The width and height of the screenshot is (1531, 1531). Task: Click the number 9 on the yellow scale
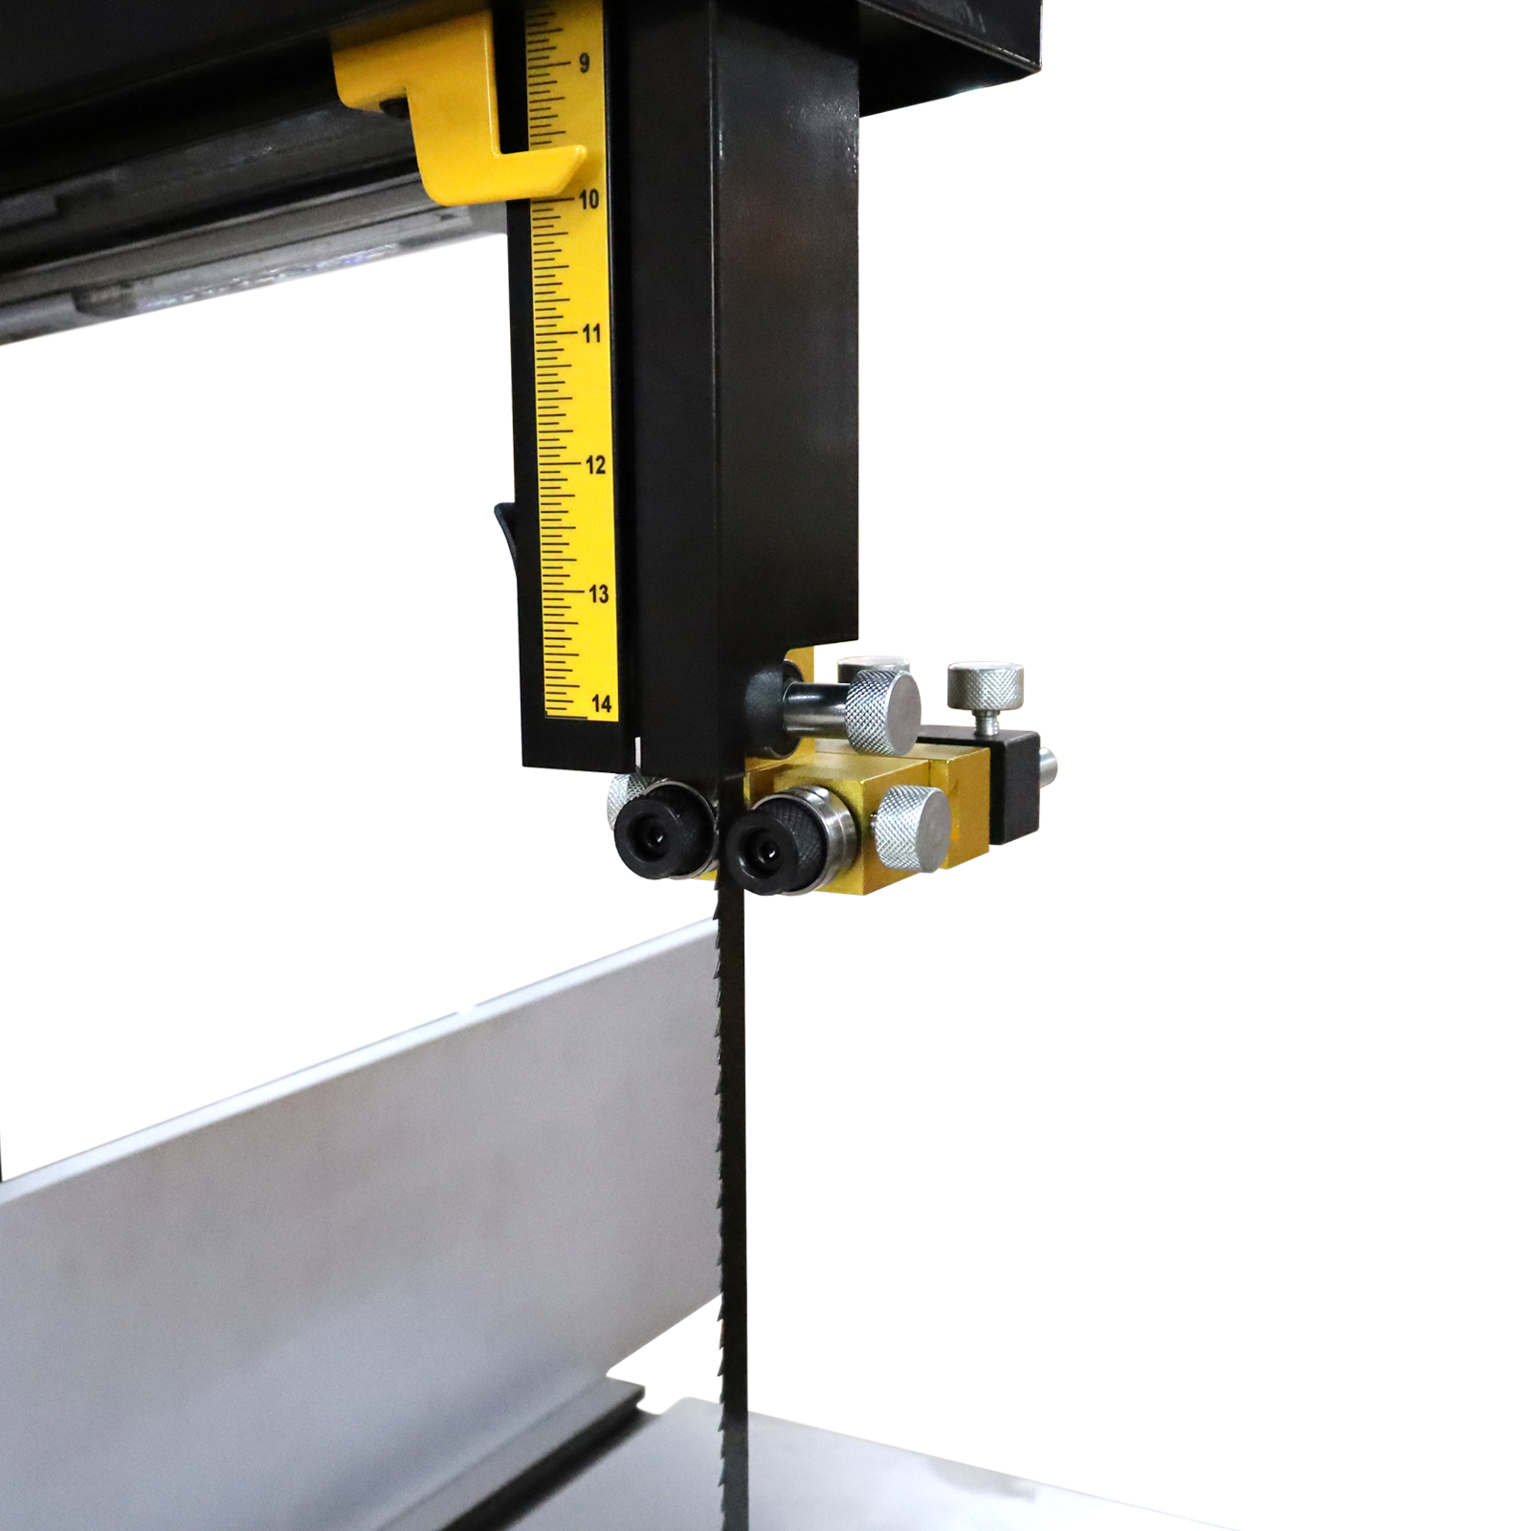pyautogui.click(x=584, y=64)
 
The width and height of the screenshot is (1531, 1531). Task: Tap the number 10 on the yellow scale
pyautogui.click(x=588, y=199)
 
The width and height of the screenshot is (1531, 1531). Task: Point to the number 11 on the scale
pyautogui.click(x=591, y=333)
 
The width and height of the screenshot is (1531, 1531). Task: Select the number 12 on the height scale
pyautogui.click(x=595, y=465)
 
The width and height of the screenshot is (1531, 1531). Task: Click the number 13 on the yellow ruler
pyautogui.click(x=598, y=594)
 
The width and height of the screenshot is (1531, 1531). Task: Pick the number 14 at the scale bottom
pyautogui.click(x=601, y=704)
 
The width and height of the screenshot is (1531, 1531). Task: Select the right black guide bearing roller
pyautogui.click(x=775, y=840)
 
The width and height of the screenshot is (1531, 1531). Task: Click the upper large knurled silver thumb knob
pyautogui.click(x=882, y=710)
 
